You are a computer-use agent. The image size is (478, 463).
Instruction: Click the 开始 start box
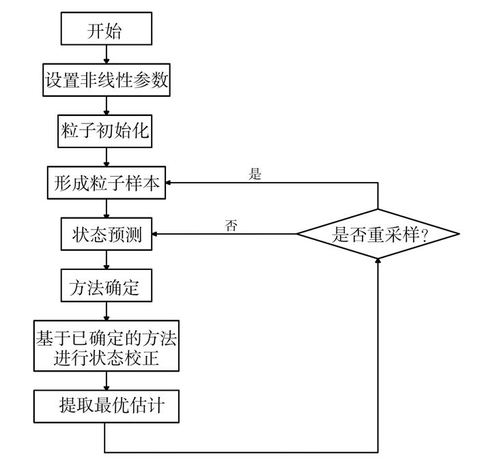tap(106, 30)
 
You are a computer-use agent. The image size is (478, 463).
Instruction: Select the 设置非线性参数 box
tap(106, 80)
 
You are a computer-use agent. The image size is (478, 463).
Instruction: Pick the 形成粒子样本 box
tap(106, 183)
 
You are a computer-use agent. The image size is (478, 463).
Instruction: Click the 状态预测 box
tap(106, 235)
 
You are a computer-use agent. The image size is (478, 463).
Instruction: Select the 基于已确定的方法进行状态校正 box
tap(106, 346)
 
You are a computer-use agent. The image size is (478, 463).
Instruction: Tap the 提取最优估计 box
tap(106, 407)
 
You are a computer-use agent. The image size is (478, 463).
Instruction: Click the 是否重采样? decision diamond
tap(378, 235)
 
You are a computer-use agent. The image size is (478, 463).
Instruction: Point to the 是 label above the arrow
tap(255, 174)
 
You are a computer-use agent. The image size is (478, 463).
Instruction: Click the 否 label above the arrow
tap(231, 226)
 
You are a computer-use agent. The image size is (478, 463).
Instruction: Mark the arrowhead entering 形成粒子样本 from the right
tap(171, 183)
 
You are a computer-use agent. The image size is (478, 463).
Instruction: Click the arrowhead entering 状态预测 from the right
tap(156, 235)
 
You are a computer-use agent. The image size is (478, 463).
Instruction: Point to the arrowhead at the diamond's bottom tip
tap(378, 261)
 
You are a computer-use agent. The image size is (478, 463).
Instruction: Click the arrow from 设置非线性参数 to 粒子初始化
tap(106, 106)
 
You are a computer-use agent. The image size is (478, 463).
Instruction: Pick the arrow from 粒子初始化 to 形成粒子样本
tap(106, 157)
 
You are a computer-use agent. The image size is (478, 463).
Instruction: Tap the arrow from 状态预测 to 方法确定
tap(106, 260)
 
